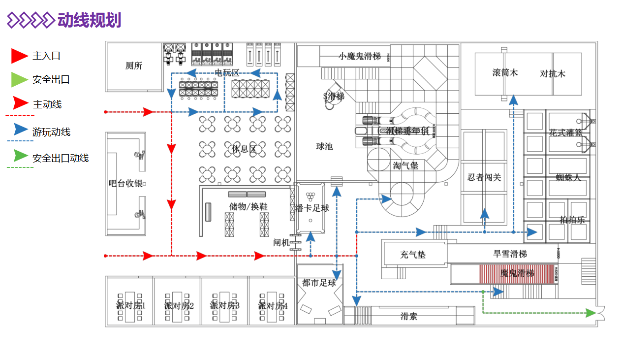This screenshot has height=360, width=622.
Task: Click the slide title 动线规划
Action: (89, 20)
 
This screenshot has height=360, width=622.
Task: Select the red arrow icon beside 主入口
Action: (19, 56)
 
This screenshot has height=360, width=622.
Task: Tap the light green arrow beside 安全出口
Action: (19, 80)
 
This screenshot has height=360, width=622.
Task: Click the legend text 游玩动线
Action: (51, 132)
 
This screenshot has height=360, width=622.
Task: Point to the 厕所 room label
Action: (134, 66)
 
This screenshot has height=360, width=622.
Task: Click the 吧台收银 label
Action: (125, 183)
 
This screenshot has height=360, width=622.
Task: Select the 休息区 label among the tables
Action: (244, 149)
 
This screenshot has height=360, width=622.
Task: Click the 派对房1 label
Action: (131, 305)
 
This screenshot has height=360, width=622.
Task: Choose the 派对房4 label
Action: (273, 305)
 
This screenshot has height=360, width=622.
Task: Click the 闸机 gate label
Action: (281, 243)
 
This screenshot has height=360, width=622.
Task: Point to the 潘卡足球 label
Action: (312, 208)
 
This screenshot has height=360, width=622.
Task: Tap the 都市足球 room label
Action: (319, 283)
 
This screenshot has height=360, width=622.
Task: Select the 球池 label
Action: (324, 146)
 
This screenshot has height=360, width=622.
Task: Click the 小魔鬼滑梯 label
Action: (360, 56)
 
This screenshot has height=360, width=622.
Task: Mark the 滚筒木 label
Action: (505, 73)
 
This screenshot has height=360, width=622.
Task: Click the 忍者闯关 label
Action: (484, 177)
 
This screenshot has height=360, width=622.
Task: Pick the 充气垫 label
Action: (413, 255)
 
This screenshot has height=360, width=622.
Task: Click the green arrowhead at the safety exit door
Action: (590, 312)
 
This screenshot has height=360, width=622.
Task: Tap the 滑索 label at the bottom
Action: (409, 316)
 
